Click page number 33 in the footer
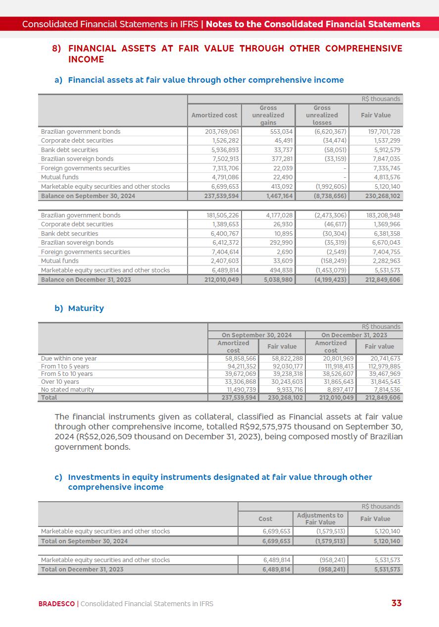click(x=396, y=603)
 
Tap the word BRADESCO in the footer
click(x=56, y=604)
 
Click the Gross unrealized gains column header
click(x=268, y=115)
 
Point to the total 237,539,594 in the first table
click(x=221, y=196)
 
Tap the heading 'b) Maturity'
click(x=86, y=308)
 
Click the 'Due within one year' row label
click(x=69, y=359)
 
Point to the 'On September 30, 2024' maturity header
click(x=256, y=335)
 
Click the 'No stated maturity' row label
click(x=67, y=390)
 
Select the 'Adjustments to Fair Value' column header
click(x=320, y=519)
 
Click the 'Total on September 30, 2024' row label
click(x=84, y=541)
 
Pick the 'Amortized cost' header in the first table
click(x=214, y=115)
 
